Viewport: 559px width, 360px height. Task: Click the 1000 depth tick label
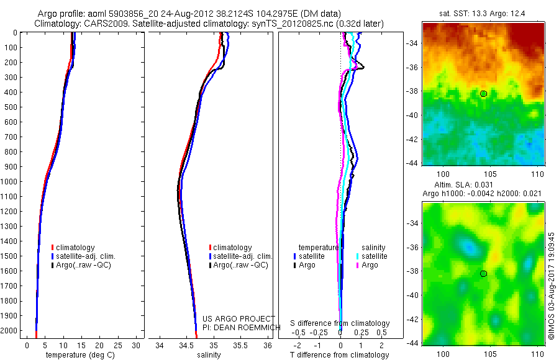[9, 182]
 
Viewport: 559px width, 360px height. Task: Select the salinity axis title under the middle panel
[209, 355]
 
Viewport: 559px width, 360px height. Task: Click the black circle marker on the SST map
[483, 94]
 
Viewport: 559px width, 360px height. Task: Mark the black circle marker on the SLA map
[483, 274]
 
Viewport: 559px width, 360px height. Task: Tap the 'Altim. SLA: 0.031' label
[482, 186]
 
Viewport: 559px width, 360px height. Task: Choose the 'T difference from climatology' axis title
[339, 355]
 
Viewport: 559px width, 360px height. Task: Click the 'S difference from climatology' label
[340, 323]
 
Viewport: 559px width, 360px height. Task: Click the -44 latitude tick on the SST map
[412, 163]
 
